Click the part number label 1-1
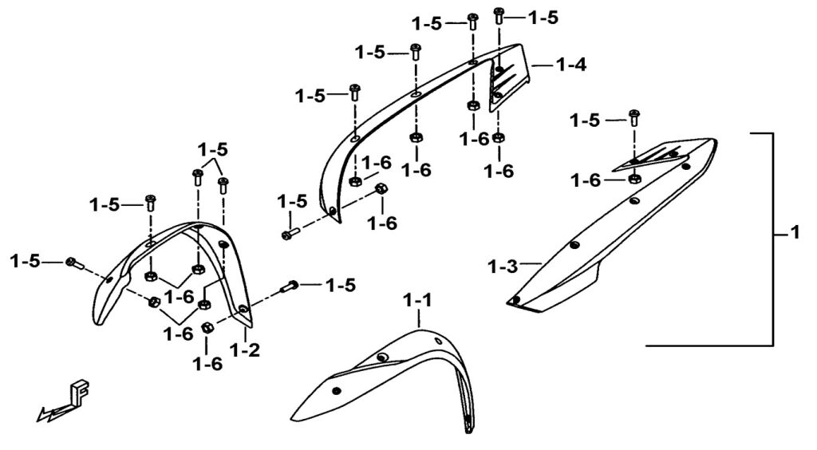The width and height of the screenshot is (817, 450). coord(417,301)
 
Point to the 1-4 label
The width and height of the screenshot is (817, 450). coord(570,65)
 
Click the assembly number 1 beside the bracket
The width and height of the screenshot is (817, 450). coord(795,234)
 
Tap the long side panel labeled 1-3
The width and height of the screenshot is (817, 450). coord(606,231)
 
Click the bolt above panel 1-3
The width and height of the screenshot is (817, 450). coord(634,118)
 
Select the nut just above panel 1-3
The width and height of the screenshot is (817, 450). coord(634,178)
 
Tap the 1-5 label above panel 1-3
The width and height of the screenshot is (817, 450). coord(585,120)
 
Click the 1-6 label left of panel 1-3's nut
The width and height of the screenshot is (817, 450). coord(586,180)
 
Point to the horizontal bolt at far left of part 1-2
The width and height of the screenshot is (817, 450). coord(73,262)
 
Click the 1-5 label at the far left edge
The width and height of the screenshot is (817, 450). coord(26,260)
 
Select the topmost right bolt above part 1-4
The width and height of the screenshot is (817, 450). coord(499,15)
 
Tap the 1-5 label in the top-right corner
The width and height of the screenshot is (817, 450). coord(543,17)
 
